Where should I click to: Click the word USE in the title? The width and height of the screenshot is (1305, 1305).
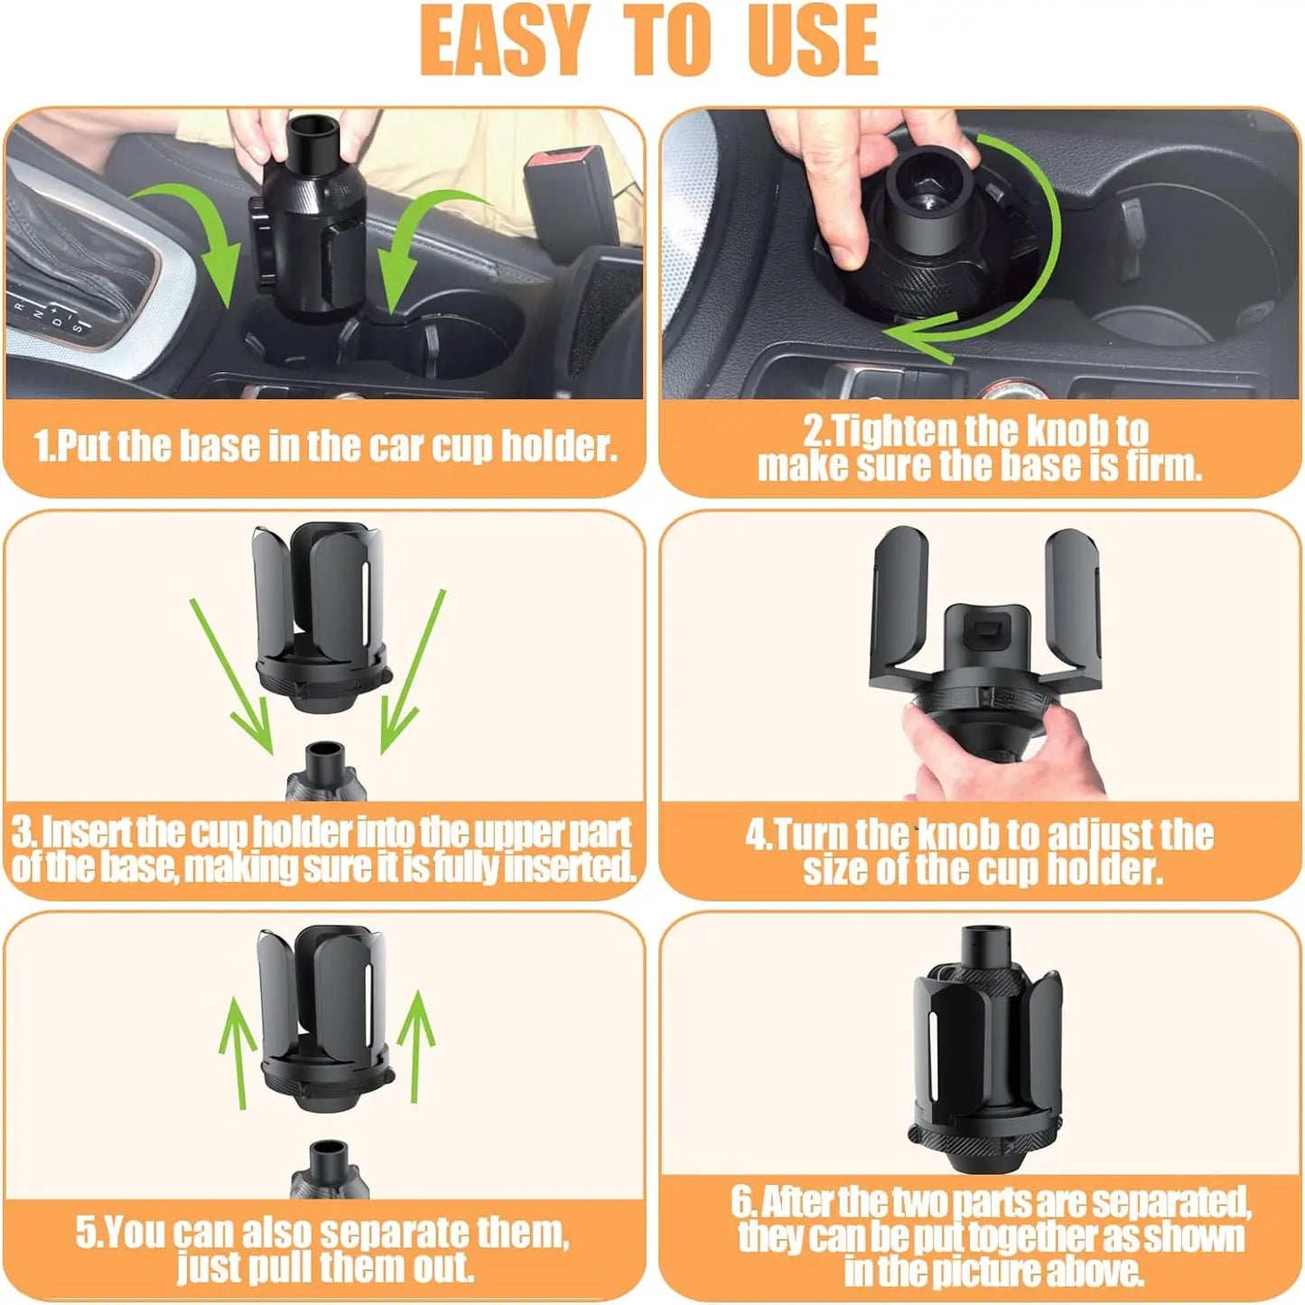pyautogui.click(x=812, y=41)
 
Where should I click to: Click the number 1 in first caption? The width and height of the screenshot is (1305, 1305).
pyautogui.click(x=42, y=446)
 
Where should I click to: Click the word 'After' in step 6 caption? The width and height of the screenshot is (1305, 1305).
pyautogui.click(x=796, y=1202)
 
